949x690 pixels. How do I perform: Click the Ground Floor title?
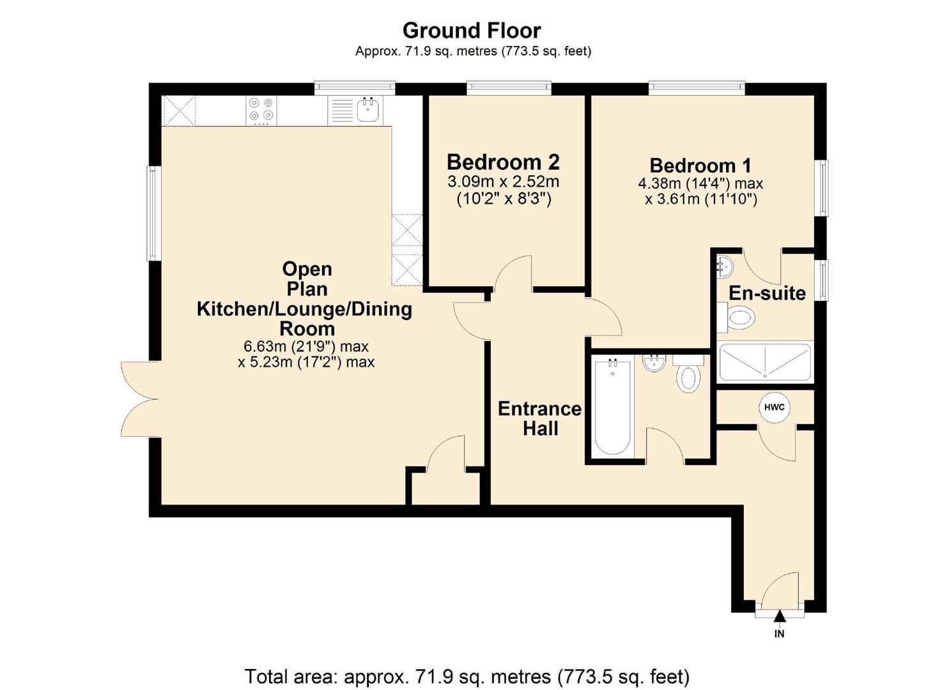tap(472, 31)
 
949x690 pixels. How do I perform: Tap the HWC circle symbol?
tap(774, 408)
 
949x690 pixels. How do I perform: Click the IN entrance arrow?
tap(779, 617)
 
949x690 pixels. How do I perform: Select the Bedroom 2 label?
tap(503, 162)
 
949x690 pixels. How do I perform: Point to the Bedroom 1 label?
tap(700, 165)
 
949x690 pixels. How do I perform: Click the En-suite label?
tap(767, 293)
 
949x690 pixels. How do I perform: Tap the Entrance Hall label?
tap(540, 418)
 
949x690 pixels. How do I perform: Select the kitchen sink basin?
tap(367, 110)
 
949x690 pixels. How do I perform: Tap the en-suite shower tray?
tap(765, 362)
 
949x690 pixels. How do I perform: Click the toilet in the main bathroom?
tap(688, 376)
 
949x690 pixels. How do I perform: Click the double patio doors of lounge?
tap(139, 400)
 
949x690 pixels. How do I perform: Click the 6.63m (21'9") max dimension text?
tap(306, 347)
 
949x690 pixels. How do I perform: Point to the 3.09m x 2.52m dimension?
tap(503, 182)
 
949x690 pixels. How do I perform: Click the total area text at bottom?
tap(467, 676)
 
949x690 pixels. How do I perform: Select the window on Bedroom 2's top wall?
tap(509, 88)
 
